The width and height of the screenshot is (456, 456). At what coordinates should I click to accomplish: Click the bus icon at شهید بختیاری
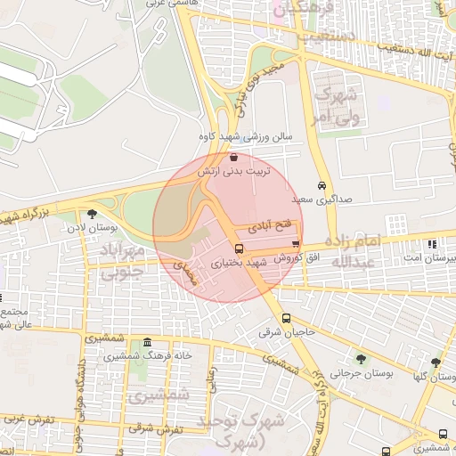pyautogui.click(x=239, y=248)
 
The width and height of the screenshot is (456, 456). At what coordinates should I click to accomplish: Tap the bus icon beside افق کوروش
pyautogui.click(x=296, y=244)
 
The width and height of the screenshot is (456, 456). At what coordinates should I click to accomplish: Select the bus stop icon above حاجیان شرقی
pyautogui.click(x=286, y=318)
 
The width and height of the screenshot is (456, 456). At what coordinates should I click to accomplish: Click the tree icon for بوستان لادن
pyautogui.click(x=92, y=214)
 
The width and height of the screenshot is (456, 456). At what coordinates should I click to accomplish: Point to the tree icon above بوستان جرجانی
pyautogui.click(x=361, y=359)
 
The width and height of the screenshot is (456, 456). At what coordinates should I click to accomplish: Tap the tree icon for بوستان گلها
pyautogui.click(x=436, y=362)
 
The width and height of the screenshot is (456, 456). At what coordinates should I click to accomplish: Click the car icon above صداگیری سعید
pyautogui.click(x=322, y=186)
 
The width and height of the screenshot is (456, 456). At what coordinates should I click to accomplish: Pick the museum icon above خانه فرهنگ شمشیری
pyautogui.click(x=147, y=343)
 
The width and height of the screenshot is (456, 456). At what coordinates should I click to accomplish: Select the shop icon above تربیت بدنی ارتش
pyautogui.click(x=233, y=157)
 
